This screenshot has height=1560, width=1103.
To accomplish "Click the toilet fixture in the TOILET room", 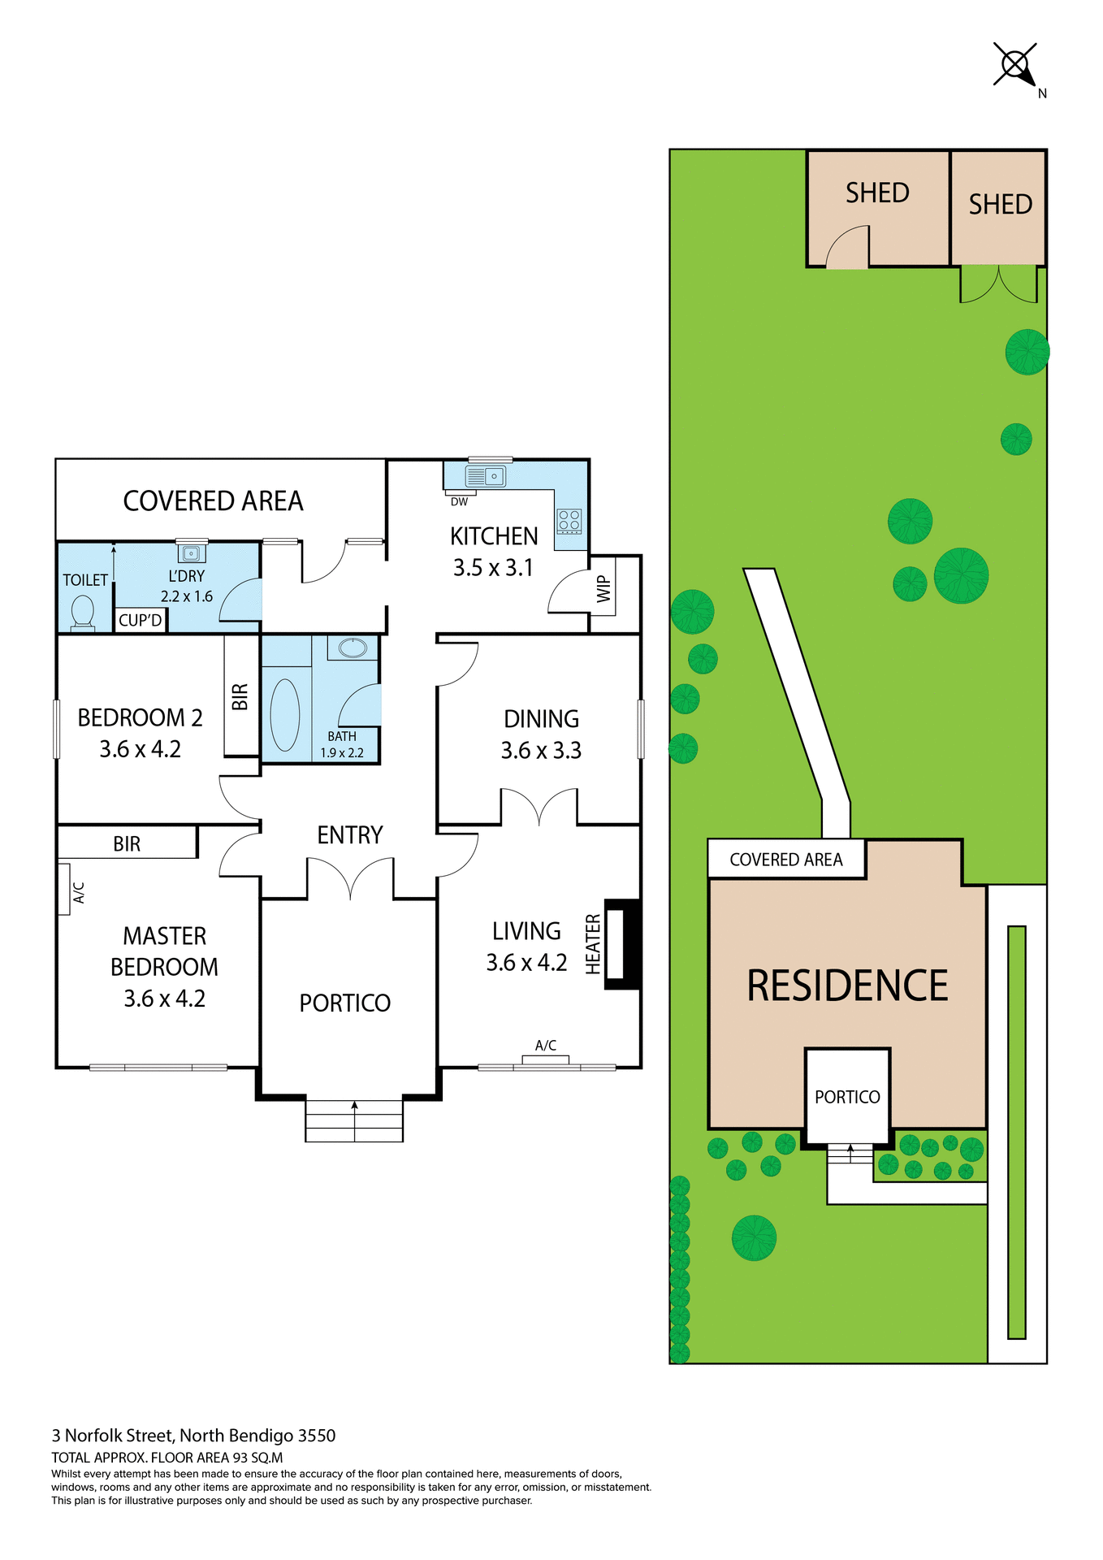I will tap(83, 613).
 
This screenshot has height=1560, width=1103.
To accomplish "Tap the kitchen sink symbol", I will tap(486, 476).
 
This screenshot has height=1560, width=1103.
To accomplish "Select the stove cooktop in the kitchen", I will tap(569, 520).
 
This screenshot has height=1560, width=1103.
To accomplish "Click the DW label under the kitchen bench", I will tap(460, 502).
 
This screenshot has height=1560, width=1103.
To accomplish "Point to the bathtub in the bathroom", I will tap(285, 714).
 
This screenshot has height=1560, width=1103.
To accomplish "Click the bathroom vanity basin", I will tap(353, 648).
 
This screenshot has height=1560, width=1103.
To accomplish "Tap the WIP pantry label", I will tap(603, 589).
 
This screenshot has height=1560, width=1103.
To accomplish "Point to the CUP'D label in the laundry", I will tap(141, 621).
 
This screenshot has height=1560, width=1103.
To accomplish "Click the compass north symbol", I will tap(1015, 64).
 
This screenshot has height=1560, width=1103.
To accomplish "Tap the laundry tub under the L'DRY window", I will tap(192, 553).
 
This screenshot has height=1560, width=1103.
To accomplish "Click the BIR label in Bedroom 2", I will tap(240, 696).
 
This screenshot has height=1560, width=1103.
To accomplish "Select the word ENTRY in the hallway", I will tap(349, 835).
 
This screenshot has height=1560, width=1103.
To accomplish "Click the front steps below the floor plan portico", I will tap(354, 1121).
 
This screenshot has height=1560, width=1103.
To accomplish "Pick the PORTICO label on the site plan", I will tap(847, 1097).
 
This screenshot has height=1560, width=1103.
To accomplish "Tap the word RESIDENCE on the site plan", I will tap(847, 986).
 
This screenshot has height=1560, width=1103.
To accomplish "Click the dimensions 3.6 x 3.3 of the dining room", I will tap(541, 751).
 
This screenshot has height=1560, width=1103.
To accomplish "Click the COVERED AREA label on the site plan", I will tap(786, 860).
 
